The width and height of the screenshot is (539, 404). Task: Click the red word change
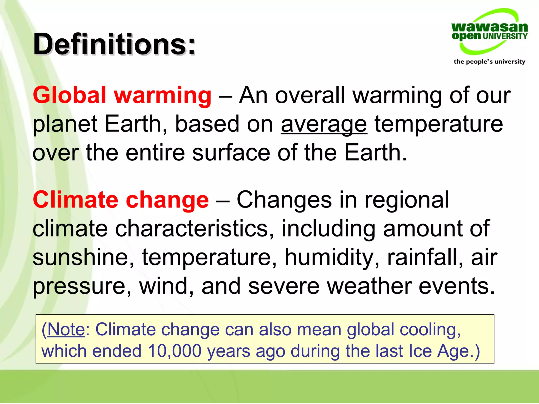point(167,200)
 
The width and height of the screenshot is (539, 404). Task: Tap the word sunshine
point(83,257)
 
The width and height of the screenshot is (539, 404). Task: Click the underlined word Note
point(66,329)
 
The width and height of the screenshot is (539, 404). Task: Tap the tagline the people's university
point(489,62)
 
